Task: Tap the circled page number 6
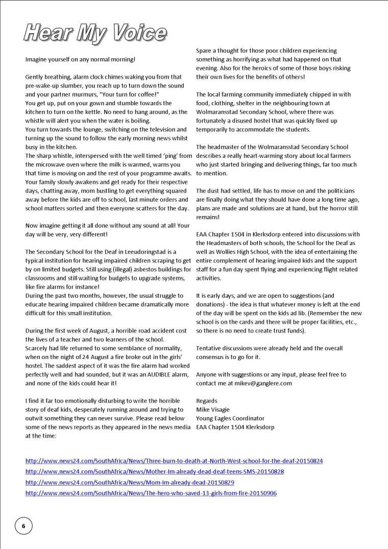23,526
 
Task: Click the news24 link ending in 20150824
174,461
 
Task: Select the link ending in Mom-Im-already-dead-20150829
130,483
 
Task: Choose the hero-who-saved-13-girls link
151,493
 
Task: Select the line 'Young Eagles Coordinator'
230,418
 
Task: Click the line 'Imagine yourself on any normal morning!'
80,59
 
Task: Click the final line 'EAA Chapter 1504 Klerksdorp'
235,427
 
